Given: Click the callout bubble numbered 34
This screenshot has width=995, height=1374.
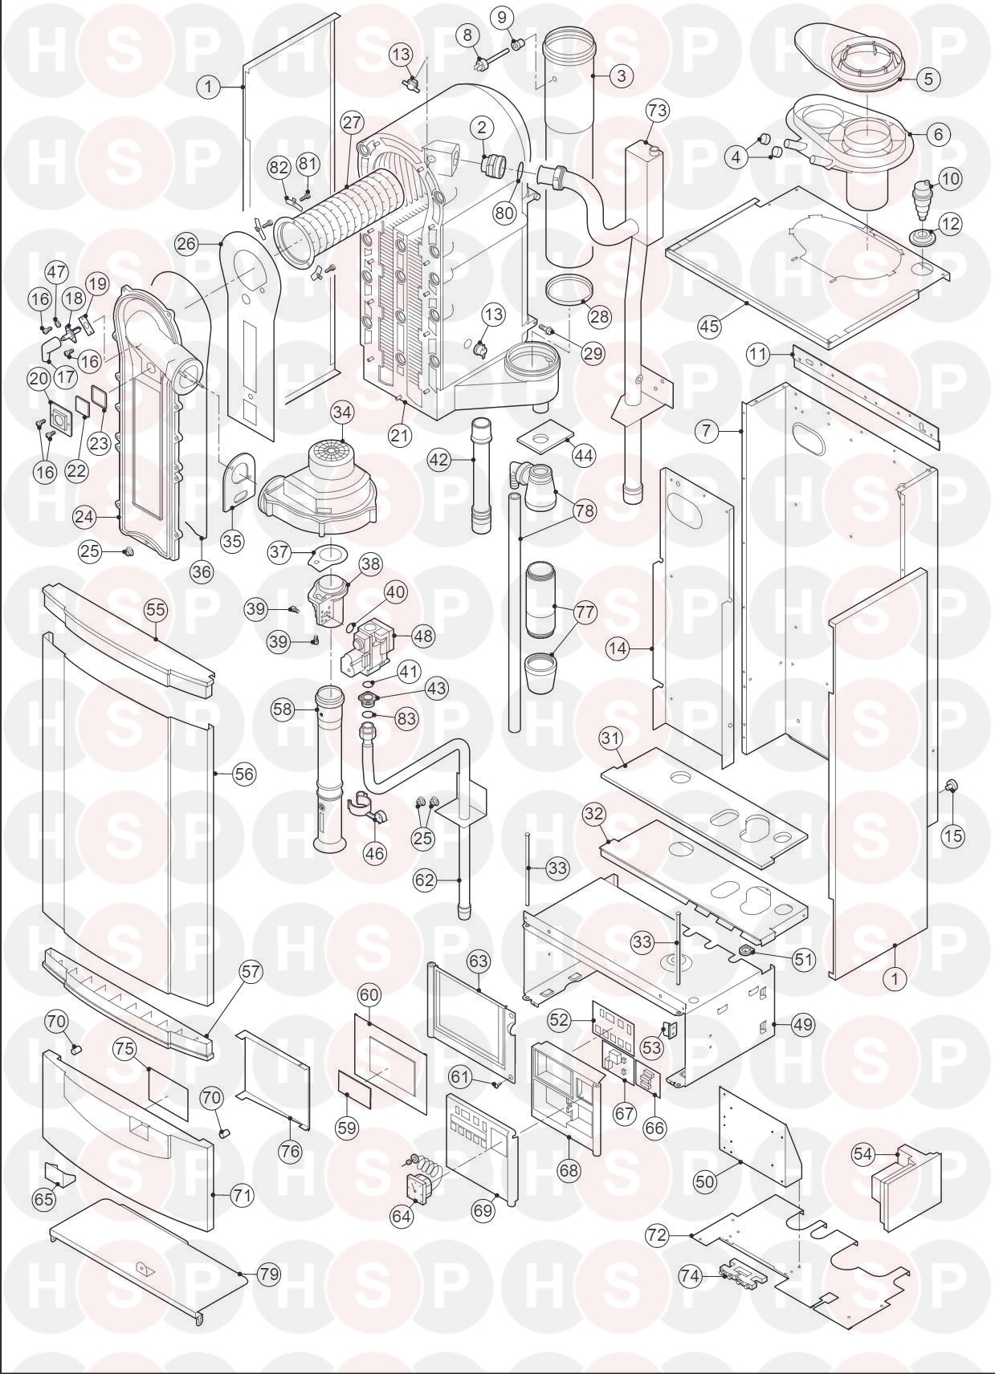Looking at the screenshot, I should pyautogui.click(x=342, y=413).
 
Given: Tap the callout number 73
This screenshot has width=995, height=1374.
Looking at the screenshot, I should pyautogui.click(x=657, y=111).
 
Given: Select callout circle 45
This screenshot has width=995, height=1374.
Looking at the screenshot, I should pyautogui.click(x=709, y=327).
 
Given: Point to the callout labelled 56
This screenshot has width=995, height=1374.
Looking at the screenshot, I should pyautogui.click(x=243, y=774).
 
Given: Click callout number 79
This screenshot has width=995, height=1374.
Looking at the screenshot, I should pyautogui.click(x=270, y=1274).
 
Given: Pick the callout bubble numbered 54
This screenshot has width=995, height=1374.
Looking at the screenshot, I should pyautogui.click(x=863, y=1153).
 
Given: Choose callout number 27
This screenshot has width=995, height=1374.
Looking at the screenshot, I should pyautogui.click(x=352, y=122).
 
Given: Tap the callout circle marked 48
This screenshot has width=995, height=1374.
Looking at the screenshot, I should pyautogui.click(x=422, y=636).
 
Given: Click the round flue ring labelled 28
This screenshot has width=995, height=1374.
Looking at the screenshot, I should pyautogui.click(x=566, y=289).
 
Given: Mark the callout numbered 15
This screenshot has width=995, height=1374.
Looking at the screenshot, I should pyautogui.click(x=953, y=836).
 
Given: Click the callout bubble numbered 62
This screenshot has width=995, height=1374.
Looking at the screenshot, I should pyautogui.click(x=425, y=880).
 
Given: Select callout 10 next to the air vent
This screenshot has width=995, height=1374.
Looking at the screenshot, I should pyautogui.click(x=949, y=178).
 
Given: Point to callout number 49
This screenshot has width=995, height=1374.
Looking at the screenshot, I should pyautogui.click(x=802, y=1024).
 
